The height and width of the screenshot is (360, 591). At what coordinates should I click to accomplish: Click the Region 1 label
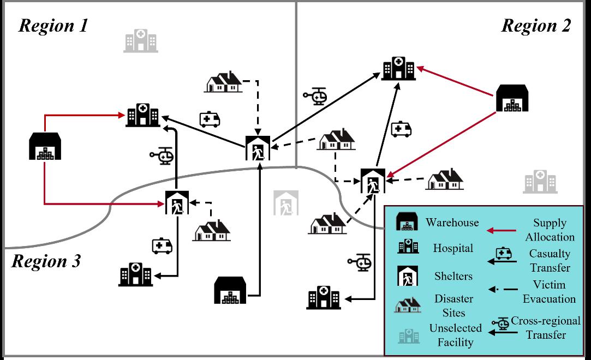tap(53, 26)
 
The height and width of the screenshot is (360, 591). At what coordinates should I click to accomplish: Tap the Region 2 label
tap(536, 26)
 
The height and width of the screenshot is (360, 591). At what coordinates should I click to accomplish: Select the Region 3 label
tap(46, 261)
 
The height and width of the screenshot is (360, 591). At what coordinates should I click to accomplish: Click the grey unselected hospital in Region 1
tap(140, 40)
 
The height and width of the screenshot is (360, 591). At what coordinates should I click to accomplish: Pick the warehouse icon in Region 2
tap(512, 98)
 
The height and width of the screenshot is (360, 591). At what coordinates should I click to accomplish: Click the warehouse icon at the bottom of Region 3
tap(230, 290)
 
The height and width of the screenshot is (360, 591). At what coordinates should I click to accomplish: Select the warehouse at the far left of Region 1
tap(45, 146)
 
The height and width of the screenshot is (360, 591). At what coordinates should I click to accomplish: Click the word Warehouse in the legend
tap(452, 222)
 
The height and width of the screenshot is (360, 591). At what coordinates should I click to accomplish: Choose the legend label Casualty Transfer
tap(549, 261)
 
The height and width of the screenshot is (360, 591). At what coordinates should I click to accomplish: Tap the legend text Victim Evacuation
tap(549, 292)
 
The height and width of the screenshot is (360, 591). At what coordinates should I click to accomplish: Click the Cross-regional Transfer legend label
tap(546, 327)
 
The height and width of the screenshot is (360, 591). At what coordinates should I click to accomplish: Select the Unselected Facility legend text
tap(455, 335)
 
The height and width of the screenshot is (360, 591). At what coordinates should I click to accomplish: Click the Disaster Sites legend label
tap(453, 305)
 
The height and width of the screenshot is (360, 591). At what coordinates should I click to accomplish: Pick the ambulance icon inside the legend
tap(503, 253)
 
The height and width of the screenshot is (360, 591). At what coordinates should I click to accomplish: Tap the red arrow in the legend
tap(502, 231)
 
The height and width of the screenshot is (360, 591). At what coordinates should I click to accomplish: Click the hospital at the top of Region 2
tap(398, 68)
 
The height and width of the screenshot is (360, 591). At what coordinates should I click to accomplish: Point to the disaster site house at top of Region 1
tap(223, 82)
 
